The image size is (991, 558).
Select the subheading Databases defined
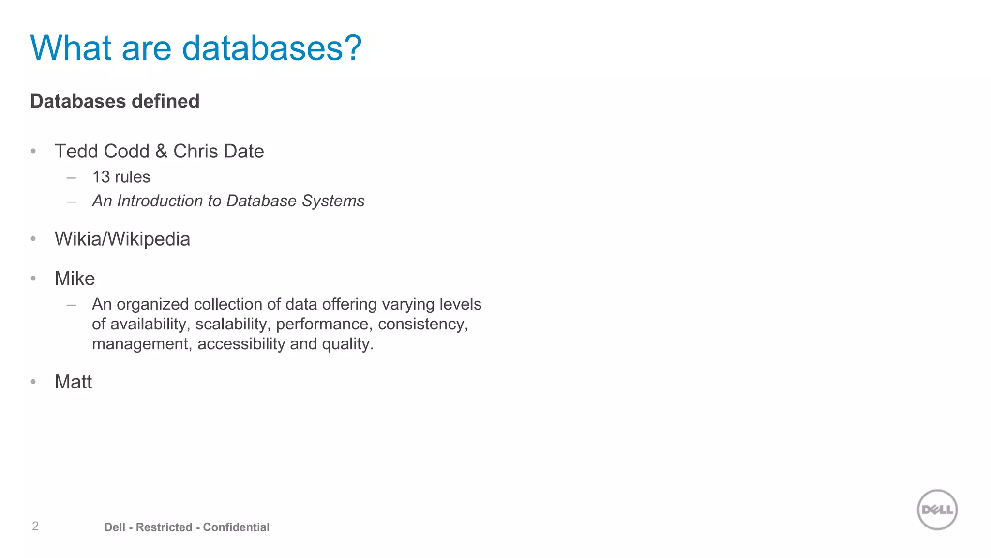pyautogui.click(x=115, y=101)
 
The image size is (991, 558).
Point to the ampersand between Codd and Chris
pyautogui.click(x=161, y=151)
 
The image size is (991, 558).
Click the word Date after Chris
pyautogui.click(x=242, y=151)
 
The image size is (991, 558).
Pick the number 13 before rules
pyautogui.click(x=101, y=177)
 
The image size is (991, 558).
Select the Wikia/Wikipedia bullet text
pyautogui.click(x=122, y=239)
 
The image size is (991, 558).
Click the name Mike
pyautogui.click(x=75, y=279)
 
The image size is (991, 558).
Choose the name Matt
pyautogui.click(x=73, y=382)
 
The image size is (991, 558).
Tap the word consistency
pyautogui.click(x=422, y=324)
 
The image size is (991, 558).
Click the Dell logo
pyautogui.click(x=937, y=510)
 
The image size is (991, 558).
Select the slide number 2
pyautogui.click(x=35, y=526)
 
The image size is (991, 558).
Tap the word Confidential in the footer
pyautogui.click(x=236, y=527)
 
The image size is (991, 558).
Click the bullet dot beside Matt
pyautogui.click(x=33, y=382)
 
